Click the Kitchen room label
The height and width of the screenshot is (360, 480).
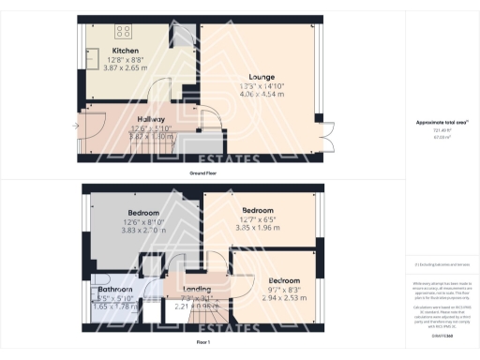(126, 50)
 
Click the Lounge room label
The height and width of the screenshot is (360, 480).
(262, 76)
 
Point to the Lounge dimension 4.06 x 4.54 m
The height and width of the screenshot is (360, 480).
(262, 94)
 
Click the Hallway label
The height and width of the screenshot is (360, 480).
(126, 119)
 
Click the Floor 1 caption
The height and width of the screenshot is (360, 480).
(202, 343)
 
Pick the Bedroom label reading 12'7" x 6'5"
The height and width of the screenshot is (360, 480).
(257, 210)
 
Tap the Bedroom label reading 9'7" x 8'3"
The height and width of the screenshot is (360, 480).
(283, 281)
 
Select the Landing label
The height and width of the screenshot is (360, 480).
(196, 289)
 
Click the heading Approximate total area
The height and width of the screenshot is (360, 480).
(442, 123)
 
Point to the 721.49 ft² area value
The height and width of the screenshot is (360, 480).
(442, 131)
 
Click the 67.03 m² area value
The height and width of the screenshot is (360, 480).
(442, 138)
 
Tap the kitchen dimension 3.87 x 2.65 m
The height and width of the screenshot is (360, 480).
(126, 67)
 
